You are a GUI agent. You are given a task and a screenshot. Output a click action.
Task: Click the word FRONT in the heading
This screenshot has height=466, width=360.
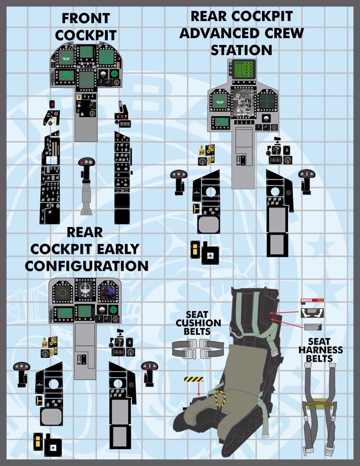[x=86, y=19]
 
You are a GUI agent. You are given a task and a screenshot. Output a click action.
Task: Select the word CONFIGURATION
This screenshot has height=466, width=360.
[x=87, y=265]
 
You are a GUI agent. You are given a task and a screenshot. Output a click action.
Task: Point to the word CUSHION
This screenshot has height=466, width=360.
[x=197, y=323]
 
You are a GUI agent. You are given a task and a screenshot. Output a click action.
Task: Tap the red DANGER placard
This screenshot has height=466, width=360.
[x=307, y=300]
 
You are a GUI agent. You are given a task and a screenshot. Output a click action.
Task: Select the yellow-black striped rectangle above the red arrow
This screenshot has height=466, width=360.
[x=193, y=379]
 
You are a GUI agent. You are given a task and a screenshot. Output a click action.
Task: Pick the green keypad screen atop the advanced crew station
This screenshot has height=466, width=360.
[x=243, y=70]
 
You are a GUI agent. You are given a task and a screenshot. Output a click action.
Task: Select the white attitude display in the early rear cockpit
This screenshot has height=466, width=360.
[x=86, y=291]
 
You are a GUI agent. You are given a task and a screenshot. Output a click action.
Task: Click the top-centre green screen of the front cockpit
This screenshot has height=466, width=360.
[x=86, y=52]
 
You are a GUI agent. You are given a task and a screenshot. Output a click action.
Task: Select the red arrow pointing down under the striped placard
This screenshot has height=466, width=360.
[x=199, y=389]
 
